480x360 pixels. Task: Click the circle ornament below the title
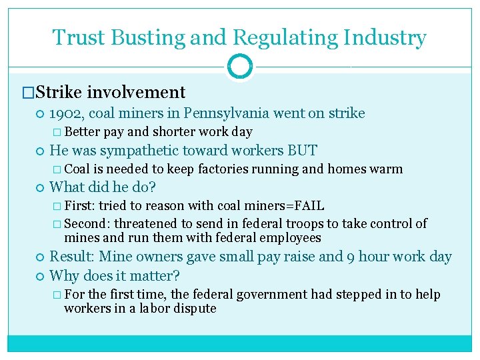point(239,67)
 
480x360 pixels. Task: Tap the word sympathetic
point(135,151)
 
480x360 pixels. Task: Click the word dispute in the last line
point(195,308)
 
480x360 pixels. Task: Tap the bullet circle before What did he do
point(41,188)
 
